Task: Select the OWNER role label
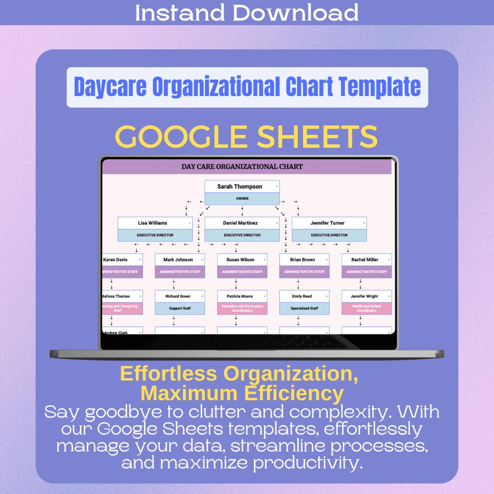tap(242, 199)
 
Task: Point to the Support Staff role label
tap(180, 308)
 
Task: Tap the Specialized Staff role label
tap(304, 308)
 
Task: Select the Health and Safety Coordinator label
tap(366, 308)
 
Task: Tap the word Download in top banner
tap(295, 12)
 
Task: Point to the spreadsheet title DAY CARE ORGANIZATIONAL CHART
tap(242, 166)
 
